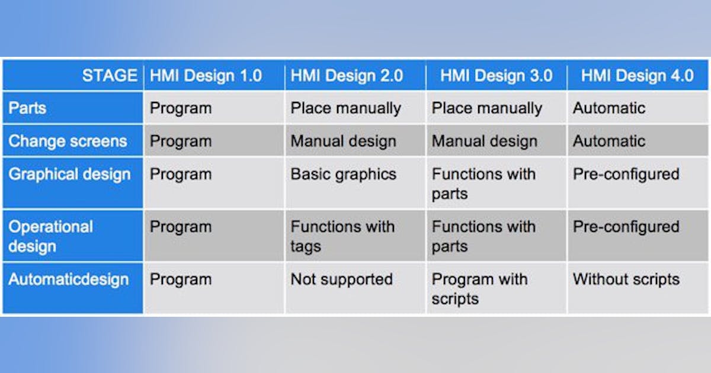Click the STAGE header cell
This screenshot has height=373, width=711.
click(x=109, y=76)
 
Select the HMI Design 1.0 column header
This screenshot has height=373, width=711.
click(x=206, y=76)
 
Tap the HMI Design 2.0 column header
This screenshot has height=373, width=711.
click(x=347, y=76)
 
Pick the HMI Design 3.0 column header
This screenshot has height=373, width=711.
click(x=497, y=76)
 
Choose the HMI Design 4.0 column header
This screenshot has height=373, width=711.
click(x=637, y=76)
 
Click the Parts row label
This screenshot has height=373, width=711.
click(x=28, y=108)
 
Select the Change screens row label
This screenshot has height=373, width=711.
click(x=68, y=142)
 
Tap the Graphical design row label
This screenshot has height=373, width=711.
click(x=69, y=174)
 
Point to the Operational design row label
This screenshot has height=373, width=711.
click(x=51, y=236)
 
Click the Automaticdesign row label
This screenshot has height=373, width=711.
click(x=68, y=279)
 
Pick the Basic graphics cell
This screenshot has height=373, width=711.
click(x=343, y=174)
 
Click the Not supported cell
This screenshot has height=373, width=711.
click(x=341, y=279)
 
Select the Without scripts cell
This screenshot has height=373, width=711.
click(x=626, y=279)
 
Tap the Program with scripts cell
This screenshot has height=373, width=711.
click(x=479, y=289)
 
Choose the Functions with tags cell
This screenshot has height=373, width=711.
click(x=342, y=236)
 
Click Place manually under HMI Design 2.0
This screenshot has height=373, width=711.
click(x=345, y=108)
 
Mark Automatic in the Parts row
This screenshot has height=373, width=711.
click(x=609, y=108)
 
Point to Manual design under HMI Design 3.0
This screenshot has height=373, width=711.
click(x=484, y=142)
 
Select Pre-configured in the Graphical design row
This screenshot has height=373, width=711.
click(x=626, y=174)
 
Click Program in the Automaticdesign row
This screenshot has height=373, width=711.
click(x=181, y=279)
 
